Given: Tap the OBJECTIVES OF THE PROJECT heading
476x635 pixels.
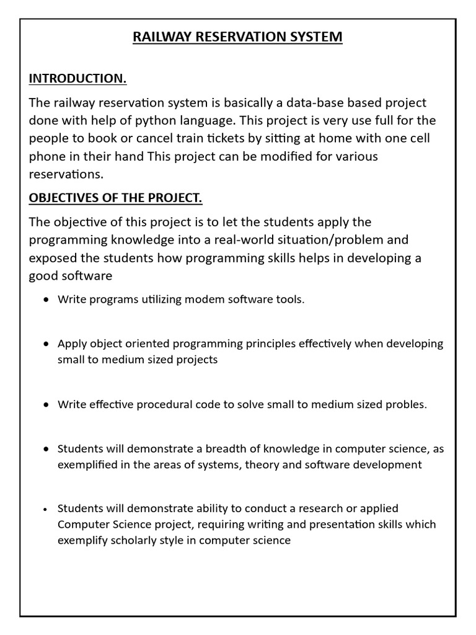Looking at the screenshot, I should tap(116, 198).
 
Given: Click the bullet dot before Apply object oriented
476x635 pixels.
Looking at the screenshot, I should tap(47, 344).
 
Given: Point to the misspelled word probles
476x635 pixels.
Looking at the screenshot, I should tap(407, 404).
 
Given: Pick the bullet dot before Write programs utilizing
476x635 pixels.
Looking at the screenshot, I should tap(47, 300).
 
